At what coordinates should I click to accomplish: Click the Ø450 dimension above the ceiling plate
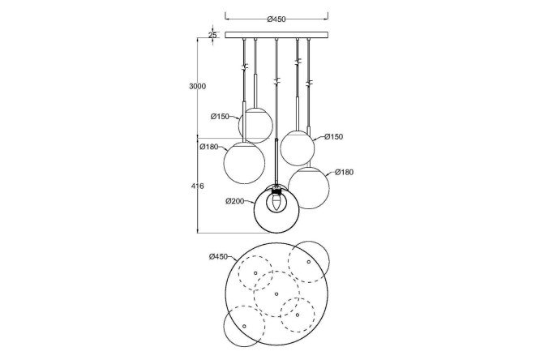276,19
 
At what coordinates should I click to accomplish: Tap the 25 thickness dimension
212,35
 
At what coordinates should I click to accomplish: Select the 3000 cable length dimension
197,86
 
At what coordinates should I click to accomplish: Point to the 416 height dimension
197,186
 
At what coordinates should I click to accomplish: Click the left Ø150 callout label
220,117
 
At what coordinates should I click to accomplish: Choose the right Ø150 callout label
334,137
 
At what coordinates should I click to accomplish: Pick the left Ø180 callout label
209,147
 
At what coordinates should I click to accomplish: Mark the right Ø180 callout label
344,172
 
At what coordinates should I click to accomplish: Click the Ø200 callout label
235,201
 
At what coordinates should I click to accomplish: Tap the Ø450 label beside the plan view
218,257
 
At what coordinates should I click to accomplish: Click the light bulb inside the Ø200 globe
276,204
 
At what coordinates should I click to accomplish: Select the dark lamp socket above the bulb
276,191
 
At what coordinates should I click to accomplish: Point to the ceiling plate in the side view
276,35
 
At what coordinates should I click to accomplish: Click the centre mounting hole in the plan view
276,294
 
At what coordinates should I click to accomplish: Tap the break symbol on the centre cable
276,82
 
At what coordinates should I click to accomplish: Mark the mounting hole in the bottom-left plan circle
244,326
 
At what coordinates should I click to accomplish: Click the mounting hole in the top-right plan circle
309,262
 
